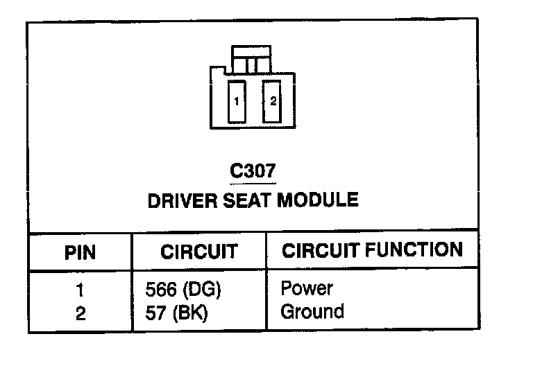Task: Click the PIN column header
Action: click(x=80, y=252)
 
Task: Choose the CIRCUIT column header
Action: click(x=198, y=252)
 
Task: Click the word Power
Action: click(x=307, y=289)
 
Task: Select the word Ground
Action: click(x=312, y=312)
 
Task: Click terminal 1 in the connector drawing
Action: click(x=237, y=101)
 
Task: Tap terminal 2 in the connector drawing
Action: click(x=273, y=101)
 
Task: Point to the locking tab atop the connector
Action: click(x=253, y=60)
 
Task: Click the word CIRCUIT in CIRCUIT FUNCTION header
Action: click(x=318, y=250)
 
